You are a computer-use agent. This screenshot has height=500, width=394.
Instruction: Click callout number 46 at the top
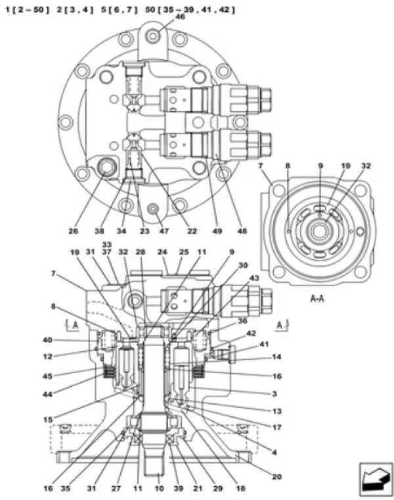[x=180, y=16]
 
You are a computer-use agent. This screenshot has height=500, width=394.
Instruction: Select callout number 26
[x=74, y=231]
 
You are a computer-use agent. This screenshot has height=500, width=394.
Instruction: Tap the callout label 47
[x=164, y=231]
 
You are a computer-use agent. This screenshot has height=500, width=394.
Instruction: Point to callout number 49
[x=217, y=231]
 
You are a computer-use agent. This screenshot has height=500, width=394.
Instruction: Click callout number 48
[x=242, y=231]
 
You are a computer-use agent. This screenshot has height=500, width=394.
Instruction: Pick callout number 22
[x=192, y=231]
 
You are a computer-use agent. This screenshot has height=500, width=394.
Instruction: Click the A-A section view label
[x=317, y=299]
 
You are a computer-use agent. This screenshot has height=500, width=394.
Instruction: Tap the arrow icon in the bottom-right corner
[x=376, y=479]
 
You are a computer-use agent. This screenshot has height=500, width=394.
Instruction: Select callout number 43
[x=254, y=278]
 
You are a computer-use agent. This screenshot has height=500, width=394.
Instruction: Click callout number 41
[x=264, y=344]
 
